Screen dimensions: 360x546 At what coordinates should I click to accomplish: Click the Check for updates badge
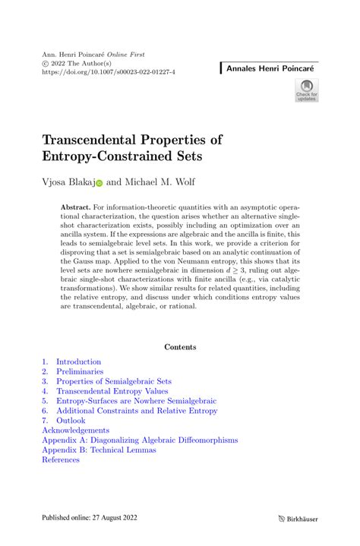pyautogui.click(x=306, y=92)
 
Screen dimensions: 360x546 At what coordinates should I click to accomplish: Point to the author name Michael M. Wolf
pyautogui.click(x=163, y=182)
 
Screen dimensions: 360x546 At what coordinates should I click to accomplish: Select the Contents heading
pyautogui.click(x=180, y=347)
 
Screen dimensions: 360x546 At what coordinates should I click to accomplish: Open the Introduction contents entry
pyautogui.click(x=78, y=362)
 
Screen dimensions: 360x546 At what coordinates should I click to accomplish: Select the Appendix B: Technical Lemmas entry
pyautogui.click(x=99, y=450)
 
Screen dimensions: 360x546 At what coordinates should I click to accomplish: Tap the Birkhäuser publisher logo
pyautogui.click(x=303, y=519)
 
